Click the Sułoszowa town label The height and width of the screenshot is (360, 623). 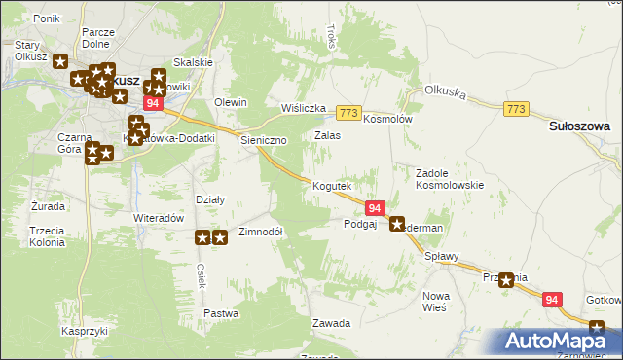click(x=579, y=126)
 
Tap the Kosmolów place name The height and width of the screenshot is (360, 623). click(x=388, y=119)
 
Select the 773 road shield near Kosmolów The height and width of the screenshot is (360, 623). click(x=349, y=113)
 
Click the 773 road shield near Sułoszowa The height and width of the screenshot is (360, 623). click(x=517, y=110)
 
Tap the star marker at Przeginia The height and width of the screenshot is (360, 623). click(x=505, y=280)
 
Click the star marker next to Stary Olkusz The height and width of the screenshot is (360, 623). click(x=60, y=62)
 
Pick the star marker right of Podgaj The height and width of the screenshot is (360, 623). click(x=397, y=225)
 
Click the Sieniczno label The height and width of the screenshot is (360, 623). click(x=263, y=140)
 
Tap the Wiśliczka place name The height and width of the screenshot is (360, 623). click(x=302, y=108)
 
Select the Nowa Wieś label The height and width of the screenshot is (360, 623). click(x=434, y=301)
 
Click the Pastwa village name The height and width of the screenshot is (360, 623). click(x=221, y=313)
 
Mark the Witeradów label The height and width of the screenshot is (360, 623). click(x=159, y=219)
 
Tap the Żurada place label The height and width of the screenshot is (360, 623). click(x=48, y=207)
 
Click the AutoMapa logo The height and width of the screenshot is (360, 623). click(x=558, y=342)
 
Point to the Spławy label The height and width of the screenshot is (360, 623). click(x=441, y=257)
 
